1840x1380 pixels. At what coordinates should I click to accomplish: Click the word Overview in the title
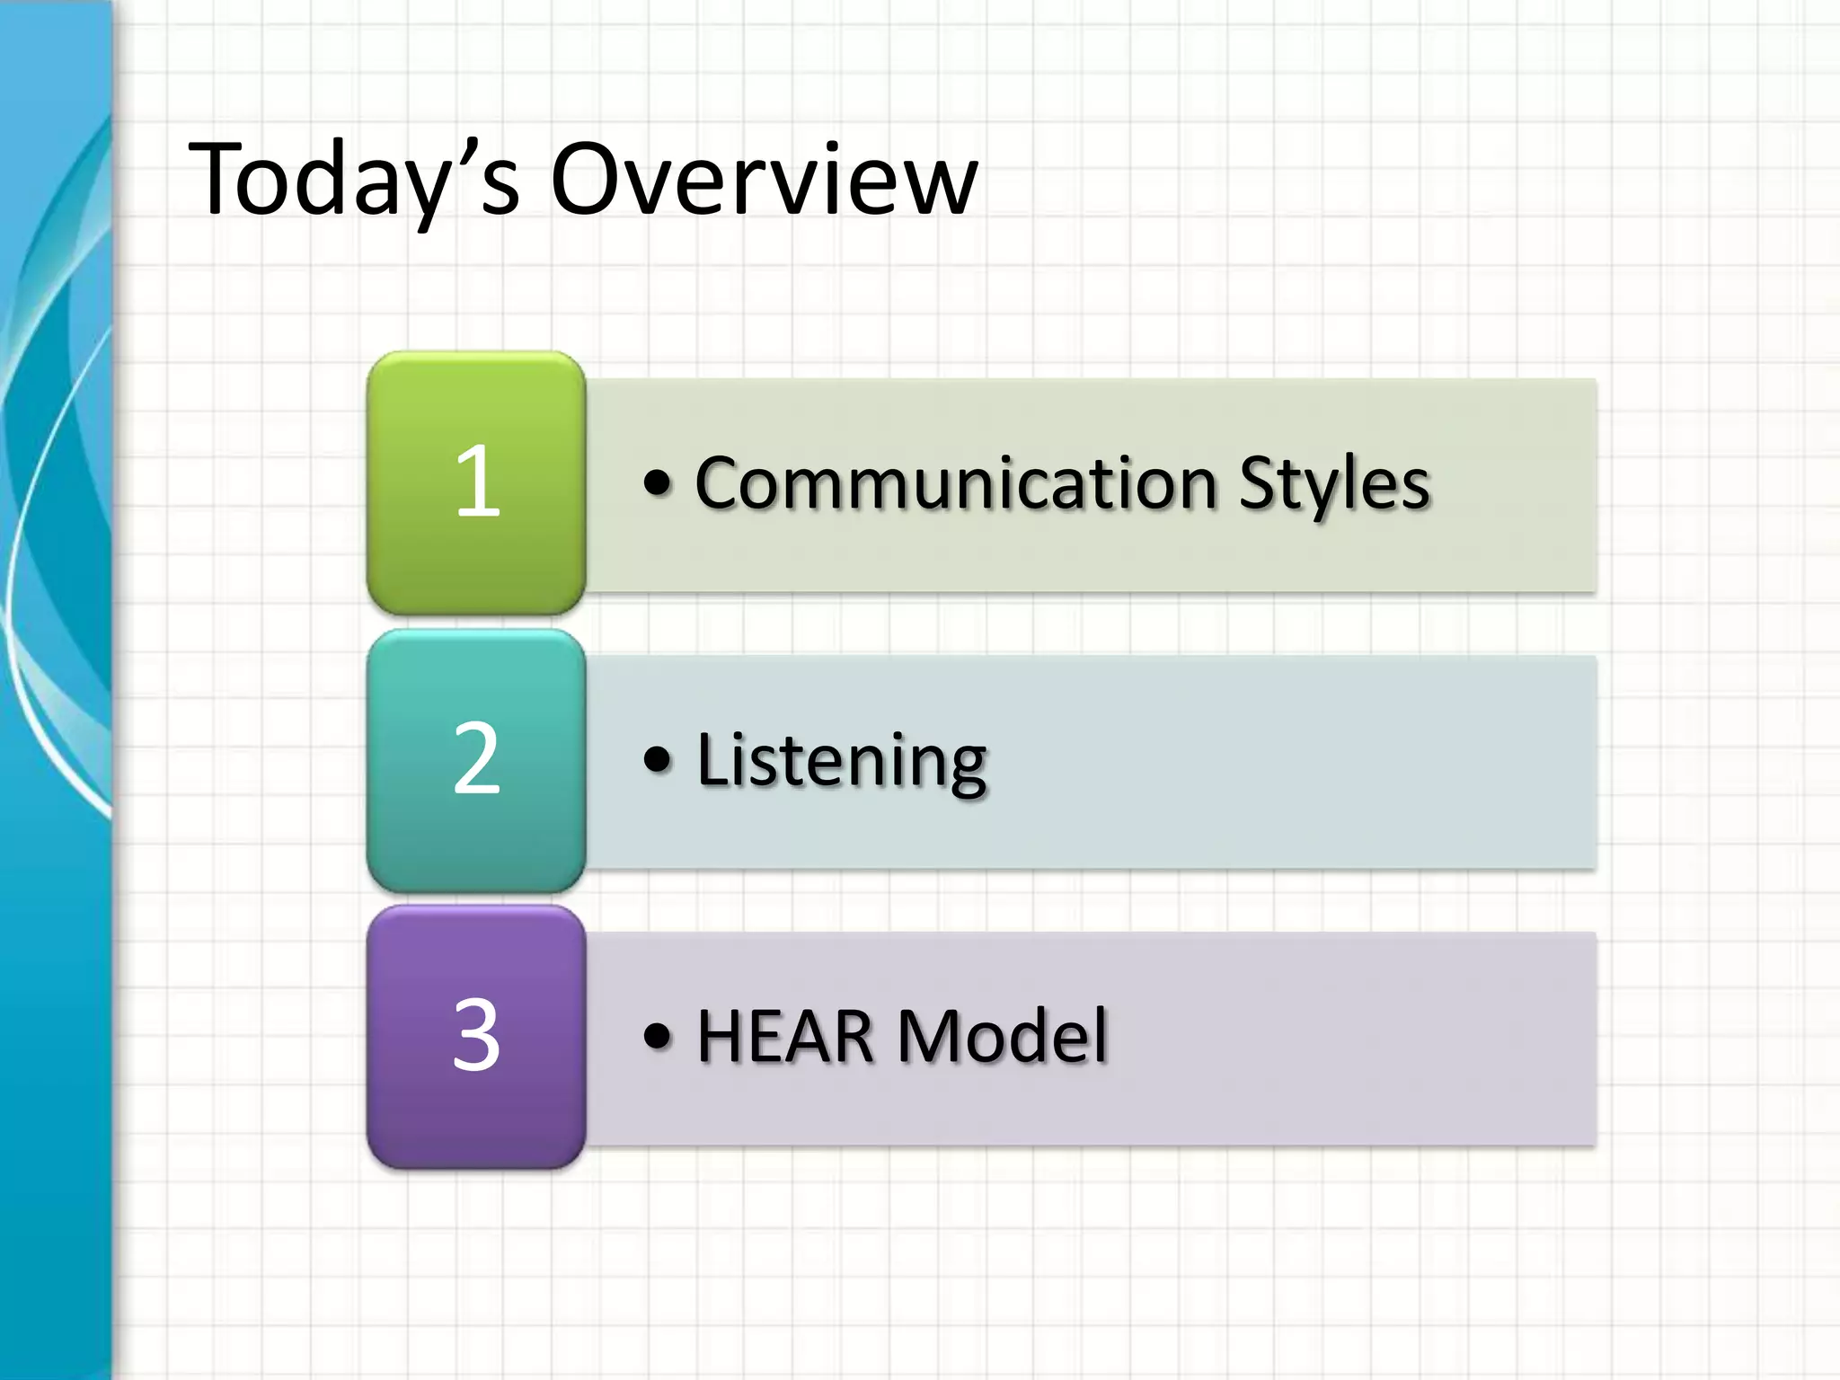click(x=764, y=180)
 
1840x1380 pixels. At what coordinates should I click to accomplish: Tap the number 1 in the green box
click(x=477, y=482)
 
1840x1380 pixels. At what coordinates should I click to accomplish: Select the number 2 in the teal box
click(x=476, y=759)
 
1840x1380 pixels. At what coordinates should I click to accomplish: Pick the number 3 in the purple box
click(x=476, y=1036)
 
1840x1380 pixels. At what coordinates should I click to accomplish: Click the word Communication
click(x=956, y=483)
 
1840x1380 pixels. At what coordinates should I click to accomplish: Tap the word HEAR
click(x=785, y=1037)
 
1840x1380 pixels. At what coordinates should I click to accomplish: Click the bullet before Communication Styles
click(x=658, y=483)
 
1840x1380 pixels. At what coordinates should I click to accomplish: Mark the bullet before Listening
click(x=658, y=760)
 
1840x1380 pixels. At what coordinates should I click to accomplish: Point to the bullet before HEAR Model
click(x=658, y=1036)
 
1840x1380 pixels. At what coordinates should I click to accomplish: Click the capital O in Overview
click(x=588, y=179)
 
